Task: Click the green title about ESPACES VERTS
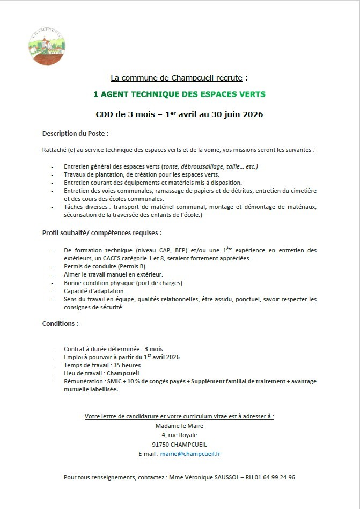[x=179, y=94]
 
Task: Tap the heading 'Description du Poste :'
[x=75, y=133]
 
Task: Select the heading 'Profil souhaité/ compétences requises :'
[x=101, y=233]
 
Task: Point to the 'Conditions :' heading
[x=60, y=324]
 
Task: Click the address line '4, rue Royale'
[x=179, y=435]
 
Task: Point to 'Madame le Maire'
[x=179, y=426]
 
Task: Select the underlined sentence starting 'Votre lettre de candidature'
[x=179, y=416]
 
